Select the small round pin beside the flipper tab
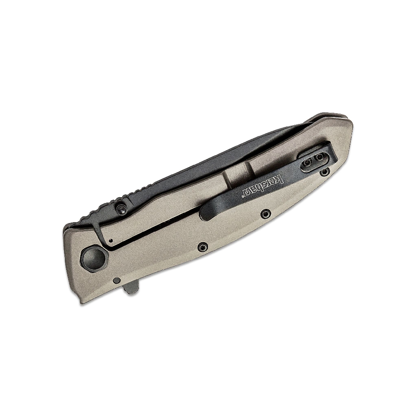pyautogui.click(x=116, y=280)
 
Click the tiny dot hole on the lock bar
pyautogui.click(x=111, y=240)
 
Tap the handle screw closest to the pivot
pyautogui.click(x=202, y=248)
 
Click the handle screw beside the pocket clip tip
pyautogui.click(x=265, y=213)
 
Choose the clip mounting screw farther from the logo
pyautogui.click(x=320, y=157)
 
